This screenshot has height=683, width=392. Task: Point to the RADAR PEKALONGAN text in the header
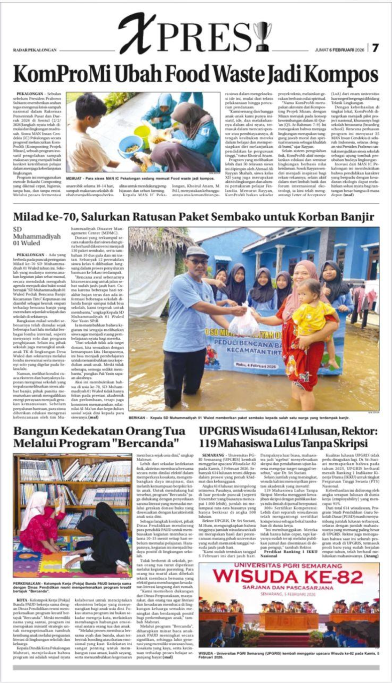[x=35, y=50]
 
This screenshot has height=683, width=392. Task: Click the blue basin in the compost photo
[x=130, y=147]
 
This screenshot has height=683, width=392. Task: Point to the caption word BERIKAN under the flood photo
[x=137, y=418]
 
